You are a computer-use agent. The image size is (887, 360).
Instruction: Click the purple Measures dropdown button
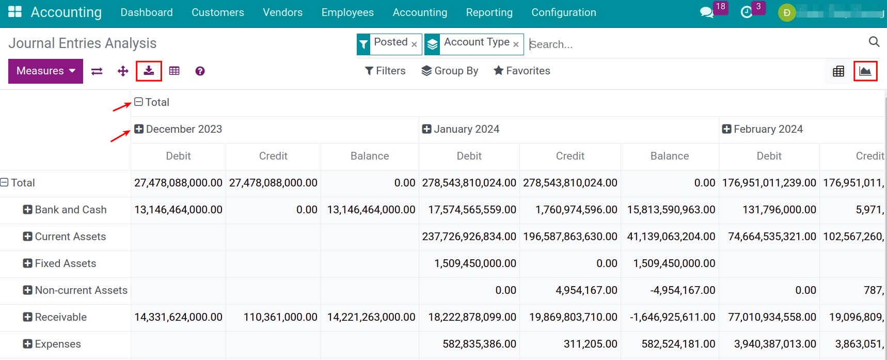[45, 71]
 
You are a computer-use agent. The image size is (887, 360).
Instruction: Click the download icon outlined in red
[149, 71]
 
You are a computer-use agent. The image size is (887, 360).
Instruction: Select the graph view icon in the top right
[865, 71]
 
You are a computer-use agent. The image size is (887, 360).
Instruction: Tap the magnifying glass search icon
[874, 42]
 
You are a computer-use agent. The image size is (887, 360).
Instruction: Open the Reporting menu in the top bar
[489, 12]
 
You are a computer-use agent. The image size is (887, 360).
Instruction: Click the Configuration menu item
[563, 12]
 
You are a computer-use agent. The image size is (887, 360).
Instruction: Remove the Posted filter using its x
[414, 44]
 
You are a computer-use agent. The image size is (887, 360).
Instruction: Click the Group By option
[450, 71]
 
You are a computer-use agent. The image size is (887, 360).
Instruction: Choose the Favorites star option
[521, 71]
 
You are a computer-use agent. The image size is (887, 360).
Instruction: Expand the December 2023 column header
[139, 129]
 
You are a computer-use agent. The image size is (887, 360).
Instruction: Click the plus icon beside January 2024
[426, 129]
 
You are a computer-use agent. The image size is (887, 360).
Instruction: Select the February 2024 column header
[767, 129]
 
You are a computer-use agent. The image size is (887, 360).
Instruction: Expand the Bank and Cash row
[28, 210]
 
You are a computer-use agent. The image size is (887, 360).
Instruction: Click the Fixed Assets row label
[65, 263]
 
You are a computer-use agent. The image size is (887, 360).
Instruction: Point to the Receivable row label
[60, 317]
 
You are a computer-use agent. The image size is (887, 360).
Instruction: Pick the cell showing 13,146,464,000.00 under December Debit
[178, 210]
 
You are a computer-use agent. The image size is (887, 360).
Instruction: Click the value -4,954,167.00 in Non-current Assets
[683, 290]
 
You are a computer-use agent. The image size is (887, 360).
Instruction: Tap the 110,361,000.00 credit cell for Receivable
[280, 317]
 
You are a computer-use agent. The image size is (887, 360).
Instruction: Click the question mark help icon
[200, 71]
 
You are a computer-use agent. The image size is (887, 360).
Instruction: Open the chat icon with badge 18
[706, 12]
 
